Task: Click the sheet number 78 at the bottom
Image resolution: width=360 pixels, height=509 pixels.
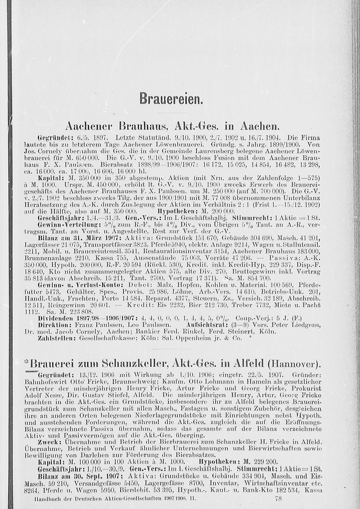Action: pos(278,499)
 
